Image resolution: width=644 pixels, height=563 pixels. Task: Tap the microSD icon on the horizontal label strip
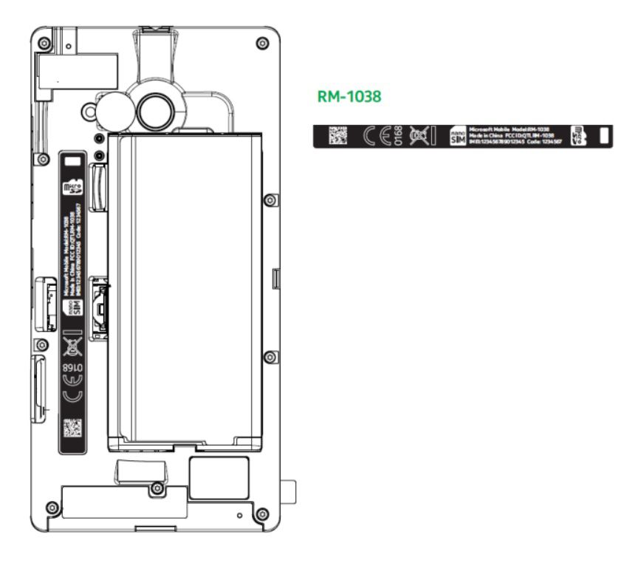click(x=579, y=136)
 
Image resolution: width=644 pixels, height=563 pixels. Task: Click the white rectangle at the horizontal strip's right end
click(x=603, y=136)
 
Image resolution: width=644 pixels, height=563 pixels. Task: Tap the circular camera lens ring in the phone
click(x=156, y=110)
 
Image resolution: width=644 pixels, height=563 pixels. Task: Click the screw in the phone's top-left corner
click(x=45, y=44)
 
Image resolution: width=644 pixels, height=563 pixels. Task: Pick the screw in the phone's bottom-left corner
click(x=51, y=508)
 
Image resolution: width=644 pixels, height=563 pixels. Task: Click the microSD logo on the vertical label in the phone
click(x=72, y=188)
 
